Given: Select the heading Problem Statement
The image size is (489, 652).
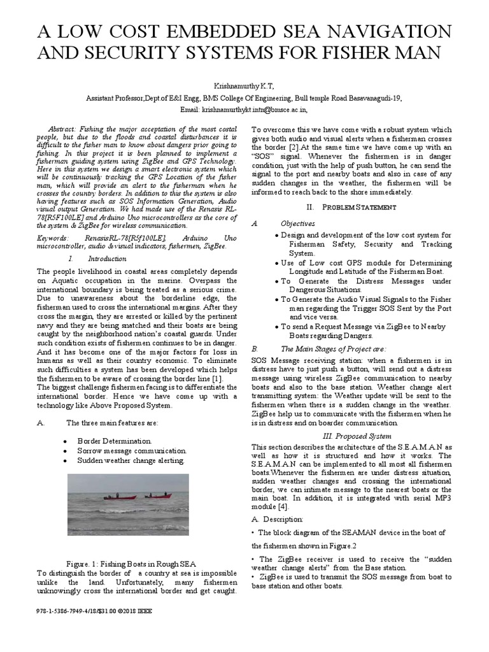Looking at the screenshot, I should click(360, 208).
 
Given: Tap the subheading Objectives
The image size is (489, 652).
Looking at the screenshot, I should click(297, 223).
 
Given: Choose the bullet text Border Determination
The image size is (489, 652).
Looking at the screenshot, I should click(115, 441).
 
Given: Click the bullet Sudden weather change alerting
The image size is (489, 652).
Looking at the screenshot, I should click(131, 460).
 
